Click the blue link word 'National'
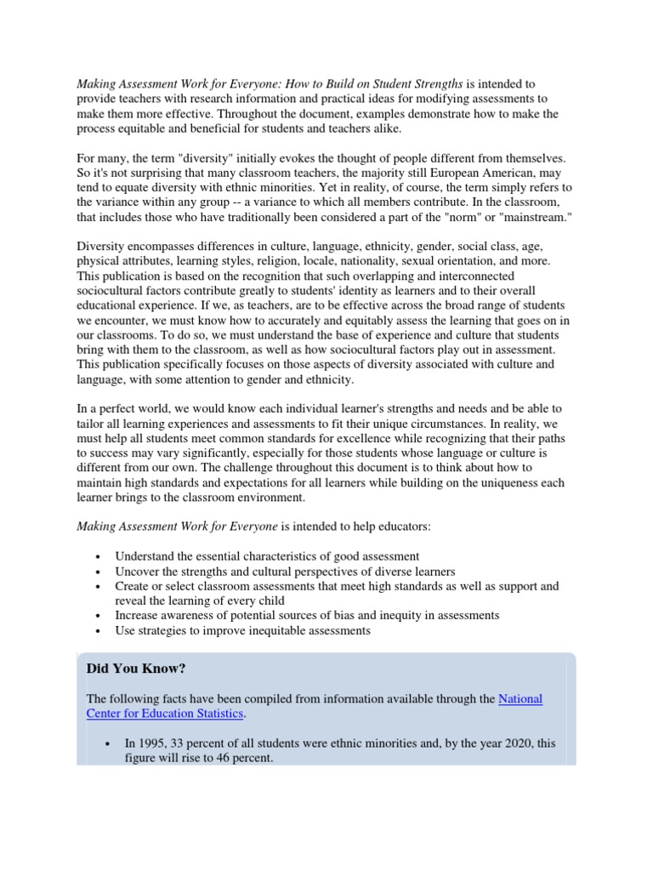click(520, 698)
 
